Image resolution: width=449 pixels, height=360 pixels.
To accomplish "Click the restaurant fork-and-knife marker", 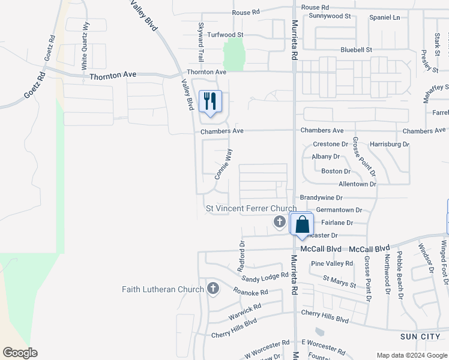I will [x=210, y=101].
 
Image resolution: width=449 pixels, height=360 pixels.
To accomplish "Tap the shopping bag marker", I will [x=303, y=224].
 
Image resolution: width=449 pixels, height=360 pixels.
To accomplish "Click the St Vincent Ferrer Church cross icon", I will [x=279, y=223].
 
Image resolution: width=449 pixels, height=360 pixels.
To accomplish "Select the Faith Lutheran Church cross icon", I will [x=212, y=289].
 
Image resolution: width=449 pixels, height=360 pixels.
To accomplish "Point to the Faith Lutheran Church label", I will [x=163, y=289].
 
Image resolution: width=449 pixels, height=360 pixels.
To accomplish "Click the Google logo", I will [x=20, y=352].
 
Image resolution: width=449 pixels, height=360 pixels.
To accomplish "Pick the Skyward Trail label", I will [x=201, y=42].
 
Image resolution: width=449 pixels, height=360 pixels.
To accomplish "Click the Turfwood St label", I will [x=224, y=35].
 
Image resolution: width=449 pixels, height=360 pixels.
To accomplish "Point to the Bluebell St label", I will [x=356, y=49].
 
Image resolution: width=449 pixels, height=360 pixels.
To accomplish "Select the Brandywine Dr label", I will [x=321, y=197].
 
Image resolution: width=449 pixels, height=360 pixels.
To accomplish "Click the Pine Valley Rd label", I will [x=332, y=264].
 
